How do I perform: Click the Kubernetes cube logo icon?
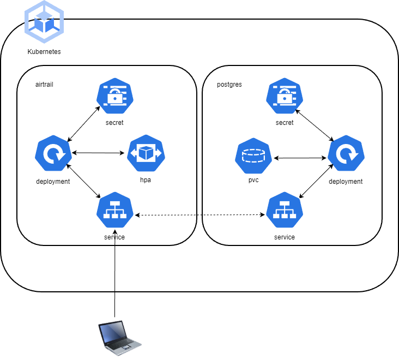tap(44, 22)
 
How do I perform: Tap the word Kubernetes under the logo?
tap(44, 52)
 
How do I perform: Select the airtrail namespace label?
tap(44, 85)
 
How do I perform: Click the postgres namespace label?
tap(229, 85)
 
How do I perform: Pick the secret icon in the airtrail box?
tap(114, 97)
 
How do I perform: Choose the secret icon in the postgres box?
tap(285, 97)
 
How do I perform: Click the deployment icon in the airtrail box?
tap(53, 155)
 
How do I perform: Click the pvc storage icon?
tap(253, 157)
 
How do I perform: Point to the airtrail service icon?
tap(114, 210)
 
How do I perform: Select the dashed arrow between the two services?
tap(199, 215)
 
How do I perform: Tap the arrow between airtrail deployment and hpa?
tap(99, 153)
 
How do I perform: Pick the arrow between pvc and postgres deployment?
tap(300, 158)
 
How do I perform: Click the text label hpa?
tap(146, 180)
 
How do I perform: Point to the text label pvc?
tap(253, 180)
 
